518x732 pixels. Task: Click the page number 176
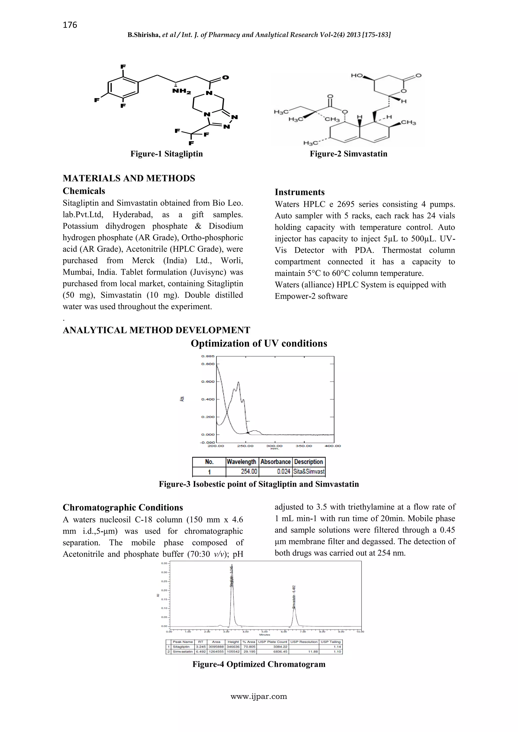point(70,25)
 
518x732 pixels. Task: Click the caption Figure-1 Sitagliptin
point(166,154)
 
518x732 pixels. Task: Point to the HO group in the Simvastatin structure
point(357,76)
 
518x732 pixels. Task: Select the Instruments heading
point(299,192)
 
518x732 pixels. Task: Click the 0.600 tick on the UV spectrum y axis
point(208,382)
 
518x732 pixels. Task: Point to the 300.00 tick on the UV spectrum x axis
point(274,446)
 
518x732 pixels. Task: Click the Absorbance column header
point(275,462)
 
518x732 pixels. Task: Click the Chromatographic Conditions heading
point(123,507)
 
